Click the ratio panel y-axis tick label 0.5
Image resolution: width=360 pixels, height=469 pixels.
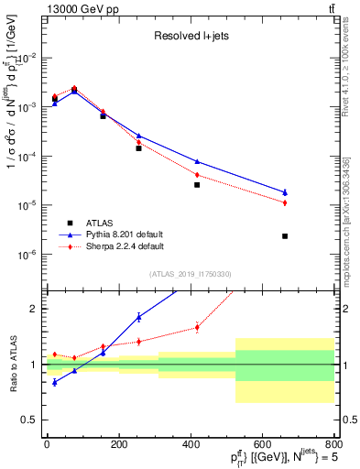pyautogui.click(x=28, y=420)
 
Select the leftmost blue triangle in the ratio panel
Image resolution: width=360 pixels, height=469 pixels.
pyautogui.click(x=54, y=382)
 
